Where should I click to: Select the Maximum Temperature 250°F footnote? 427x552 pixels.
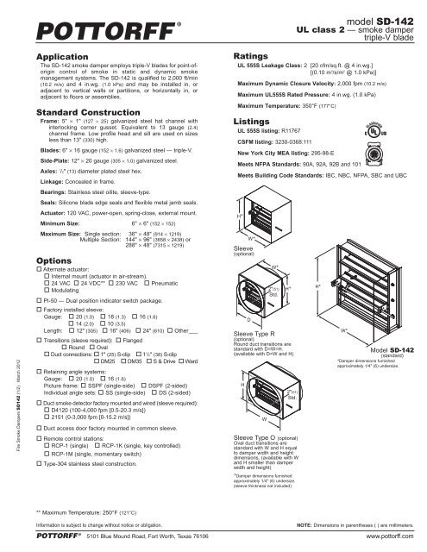(89, 511)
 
